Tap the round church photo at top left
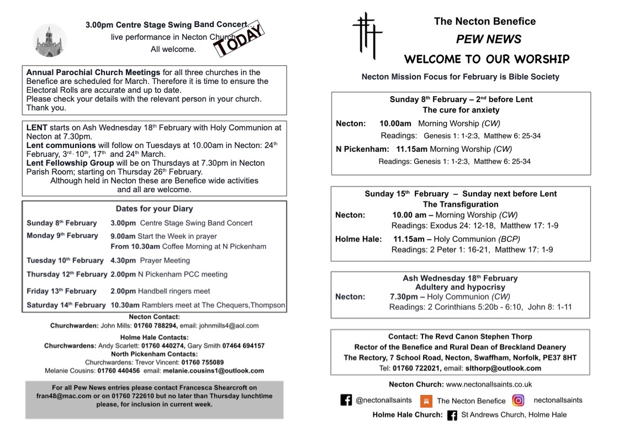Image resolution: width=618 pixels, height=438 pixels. [50, 40]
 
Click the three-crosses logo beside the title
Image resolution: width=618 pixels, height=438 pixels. [367, 35]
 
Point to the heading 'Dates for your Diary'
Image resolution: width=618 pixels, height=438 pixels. [154, 209]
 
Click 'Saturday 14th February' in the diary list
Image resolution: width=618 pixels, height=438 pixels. [66, 305]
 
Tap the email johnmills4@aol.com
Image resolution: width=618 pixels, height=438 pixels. [229, 326]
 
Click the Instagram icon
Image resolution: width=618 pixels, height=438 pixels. [518, 400]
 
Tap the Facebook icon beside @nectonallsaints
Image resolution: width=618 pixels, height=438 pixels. [346, 400]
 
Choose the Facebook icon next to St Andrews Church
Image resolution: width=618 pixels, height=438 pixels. [452, 415]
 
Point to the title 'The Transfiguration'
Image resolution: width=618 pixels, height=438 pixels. [461, 204]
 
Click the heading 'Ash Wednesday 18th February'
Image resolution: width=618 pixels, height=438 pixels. [460, 278]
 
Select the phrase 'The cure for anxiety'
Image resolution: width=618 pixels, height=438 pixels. [461, 110]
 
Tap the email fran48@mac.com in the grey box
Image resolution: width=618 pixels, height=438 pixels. [59, 396]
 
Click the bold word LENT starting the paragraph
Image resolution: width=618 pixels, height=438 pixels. [37, 128]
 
